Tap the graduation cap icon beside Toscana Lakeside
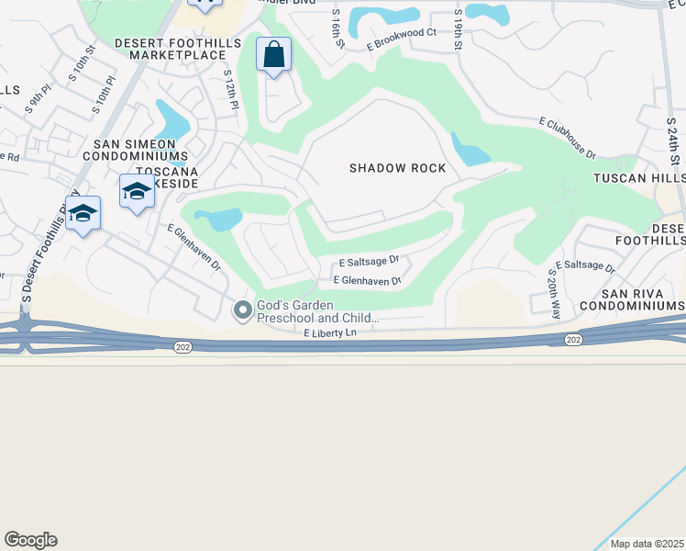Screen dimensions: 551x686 [137, 192]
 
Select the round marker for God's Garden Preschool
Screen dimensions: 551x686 [243, 311]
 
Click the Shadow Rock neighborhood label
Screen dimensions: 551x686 [397, 168]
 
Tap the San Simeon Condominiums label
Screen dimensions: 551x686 [141, 151]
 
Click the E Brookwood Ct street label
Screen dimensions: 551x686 [401, 43]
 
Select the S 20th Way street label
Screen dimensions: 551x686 [554, 293]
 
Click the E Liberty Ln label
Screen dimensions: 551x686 [329, 333]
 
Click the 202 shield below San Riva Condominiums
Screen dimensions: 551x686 [573, 340]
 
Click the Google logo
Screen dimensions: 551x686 [30, 540]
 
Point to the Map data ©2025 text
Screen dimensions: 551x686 [647, 544]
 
